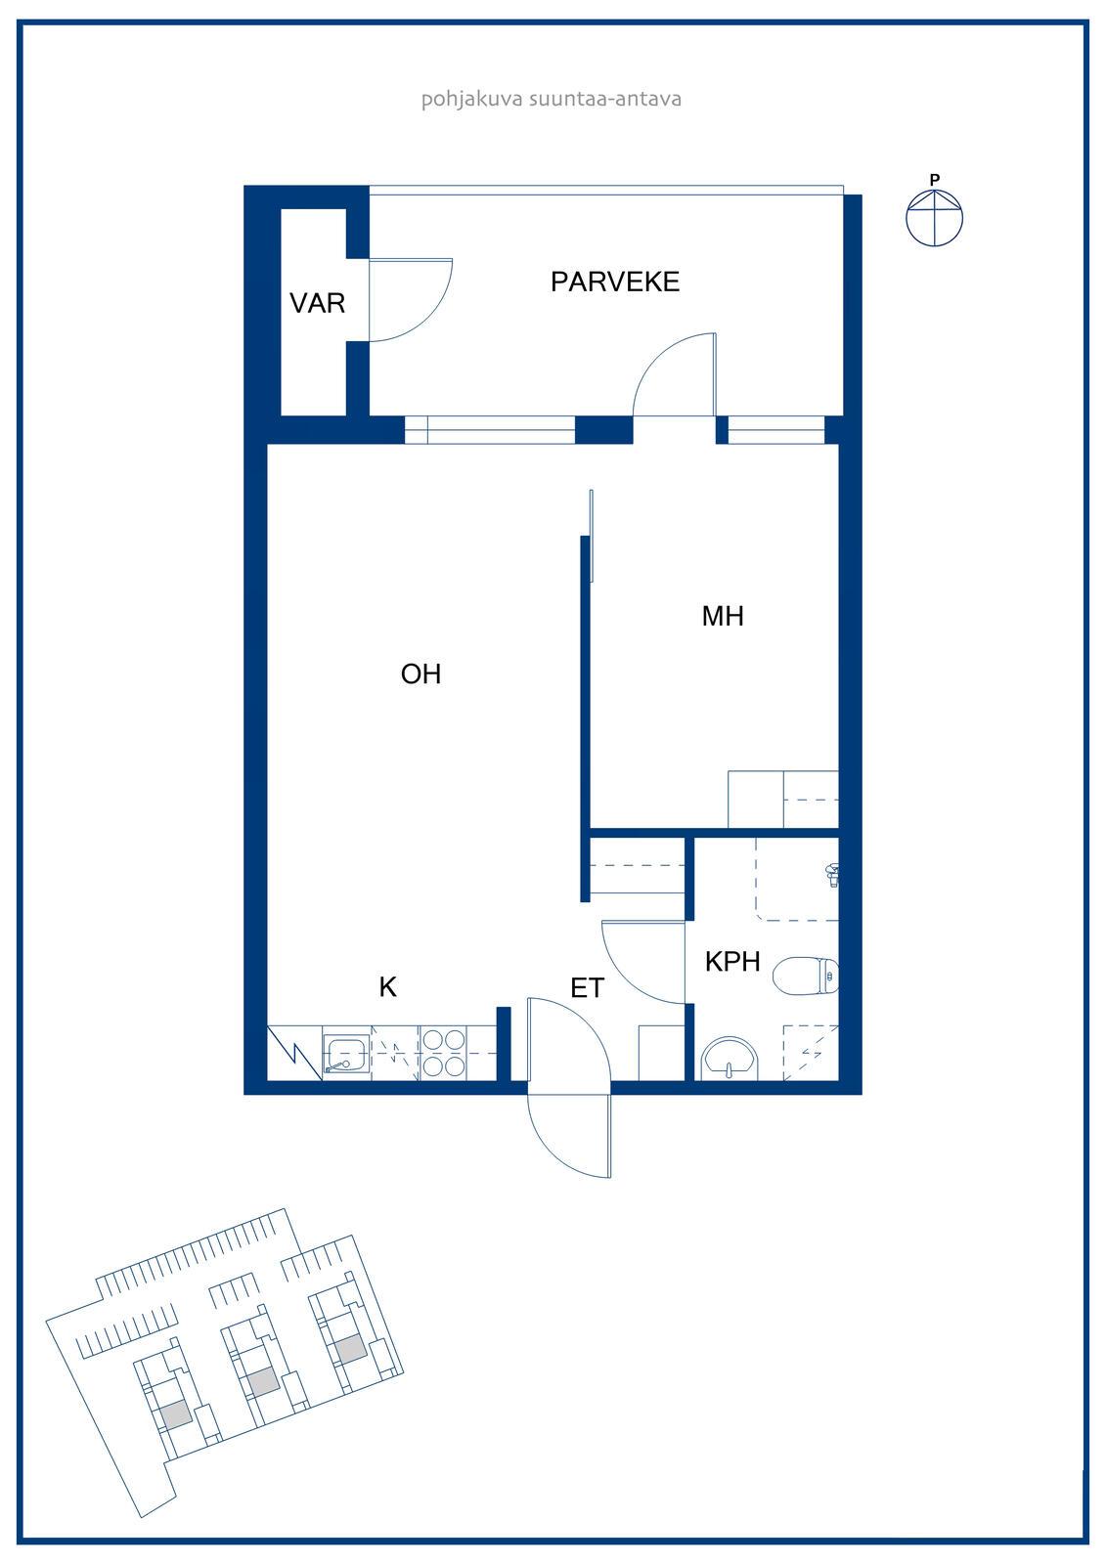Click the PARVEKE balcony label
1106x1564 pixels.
(615, 282)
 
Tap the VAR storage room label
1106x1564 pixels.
(317, 303)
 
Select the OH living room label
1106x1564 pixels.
(420, 673)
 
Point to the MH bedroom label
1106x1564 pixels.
(723, 616)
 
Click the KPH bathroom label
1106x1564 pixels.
(732, 962)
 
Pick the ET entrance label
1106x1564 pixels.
(587, 988)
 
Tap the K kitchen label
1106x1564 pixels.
(388, 986)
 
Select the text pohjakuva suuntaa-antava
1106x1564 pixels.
(552, 99)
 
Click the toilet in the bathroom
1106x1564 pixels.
(806, 976)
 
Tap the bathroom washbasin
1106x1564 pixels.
(729, 1058)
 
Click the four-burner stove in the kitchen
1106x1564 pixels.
(444, 1053)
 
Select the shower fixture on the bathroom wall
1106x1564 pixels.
(832, 874)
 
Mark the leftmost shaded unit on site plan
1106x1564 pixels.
(175, 1413)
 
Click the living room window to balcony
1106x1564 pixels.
(490, 429)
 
